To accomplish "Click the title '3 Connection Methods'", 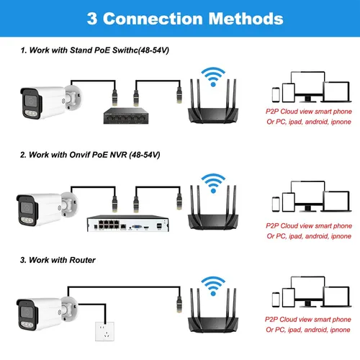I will (179, 18).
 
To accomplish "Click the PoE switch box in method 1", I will (122, 117).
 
